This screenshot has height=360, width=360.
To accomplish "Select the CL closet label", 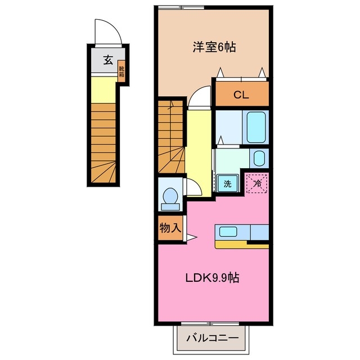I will click(242, 95).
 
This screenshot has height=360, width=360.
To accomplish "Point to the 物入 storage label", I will click(170, 228).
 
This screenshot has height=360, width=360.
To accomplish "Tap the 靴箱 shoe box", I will click(121, 71).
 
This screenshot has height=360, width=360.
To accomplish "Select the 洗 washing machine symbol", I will click(227, 183).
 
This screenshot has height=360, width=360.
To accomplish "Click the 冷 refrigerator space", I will click(257, 183).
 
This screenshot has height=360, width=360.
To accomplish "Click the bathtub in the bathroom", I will click(256, 127).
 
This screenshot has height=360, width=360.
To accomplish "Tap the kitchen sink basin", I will click(228, 231).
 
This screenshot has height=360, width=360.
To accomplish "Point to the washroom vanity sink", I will click(259, 158).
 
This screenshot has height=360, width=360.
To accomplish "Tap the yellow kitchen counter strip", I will click(242, 244).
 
